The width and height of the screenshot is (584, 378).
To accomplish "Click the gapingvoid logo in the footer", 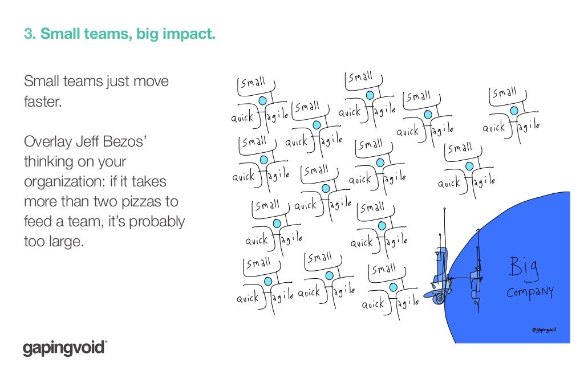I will pos(64,347).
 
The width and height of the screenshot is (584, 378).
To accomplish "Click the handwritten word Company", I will pos(530,292).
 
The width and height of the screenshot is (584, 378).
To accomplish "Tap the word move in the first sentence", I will pos(151,82).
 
